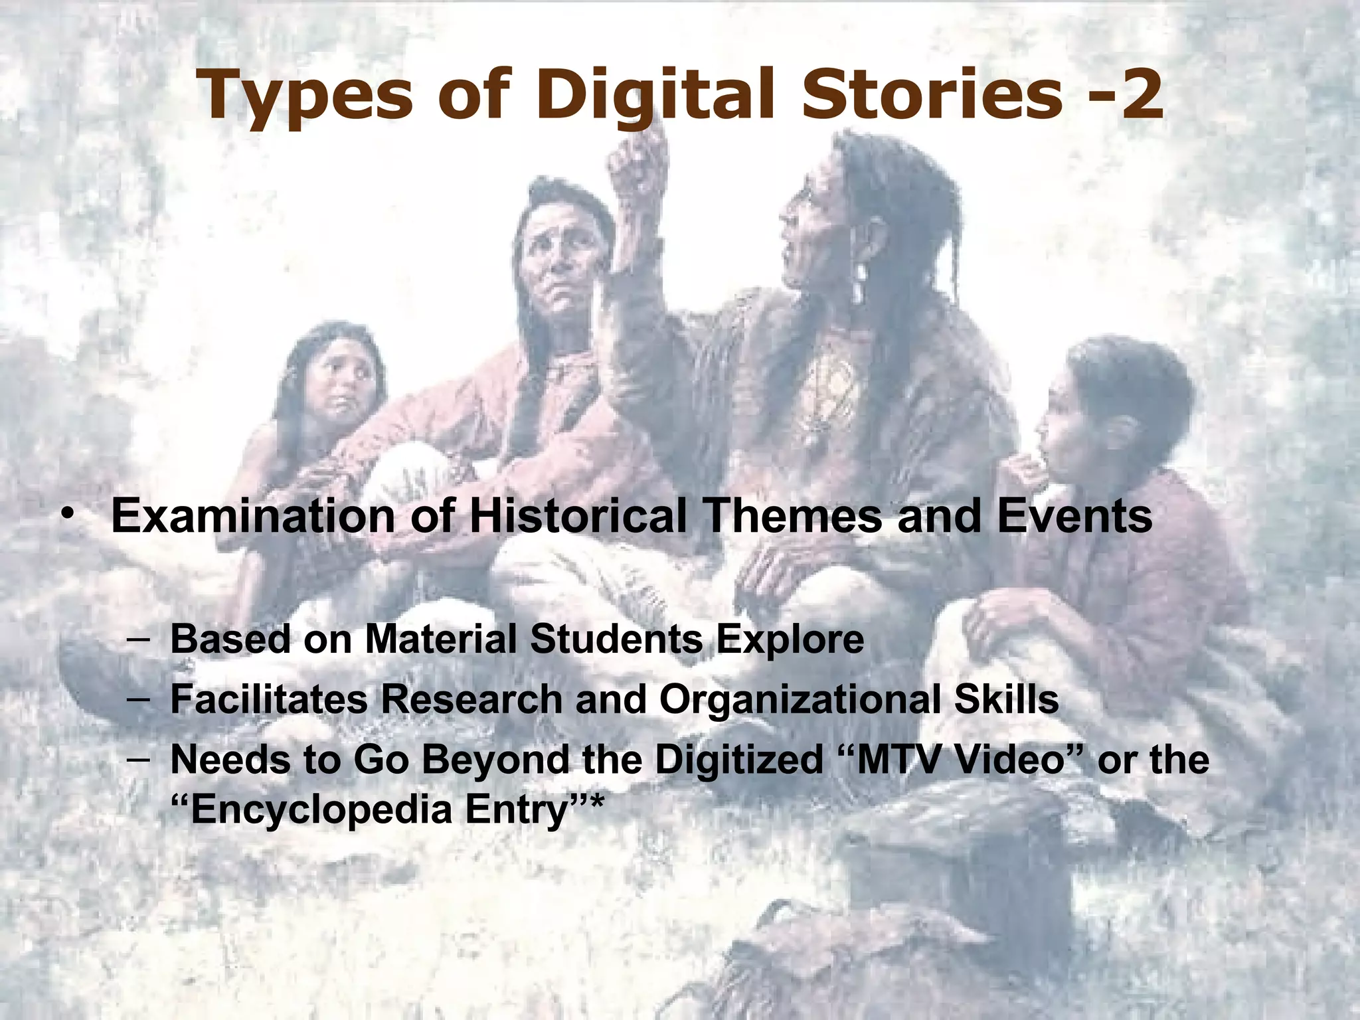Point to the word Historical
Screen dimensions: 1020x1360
(x=578, y=517)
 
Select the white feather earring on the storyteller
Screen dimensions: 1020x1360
(x=861, y=282)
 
